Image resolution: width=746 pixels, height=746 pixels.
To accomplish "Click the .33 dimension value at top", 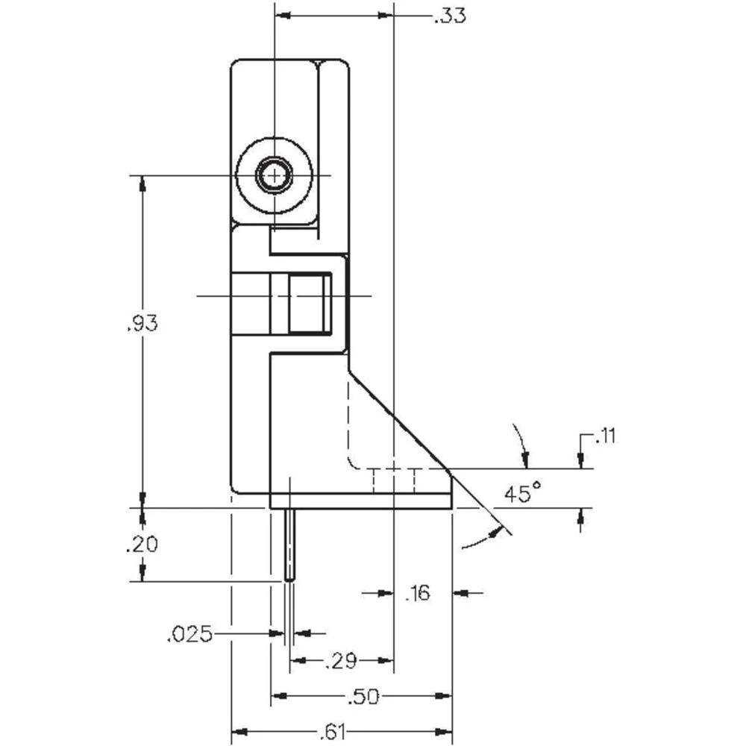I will [x=449, y=16].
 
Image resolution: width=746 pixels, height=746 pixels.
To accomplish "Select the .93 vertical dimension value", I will [x=142, y=324].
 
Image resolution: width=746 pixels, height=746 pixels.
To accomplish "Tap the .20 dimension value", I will [x=142, y=545].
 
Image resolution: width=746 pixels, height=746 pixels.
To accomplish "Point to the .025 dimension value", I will [x=189, y=634].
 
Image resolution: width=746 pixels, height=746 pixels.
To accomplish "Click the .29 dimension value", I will [x=342, y=660].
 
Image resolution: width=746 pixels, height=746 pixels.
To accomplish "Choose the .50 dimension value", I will [x=363, y=697].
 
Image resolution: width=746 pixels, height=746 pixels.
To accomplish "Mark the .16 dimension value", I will [x=417, y=594].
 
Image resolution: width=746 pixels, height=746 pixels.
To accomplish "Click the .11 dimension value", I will [x=605, y=436].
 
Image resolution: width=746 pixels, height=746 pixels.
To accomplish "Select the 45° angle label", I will [x=521, y=493].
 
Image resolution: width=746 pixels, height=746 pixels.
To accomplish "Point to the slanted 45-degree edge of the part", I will [x=399, y=421].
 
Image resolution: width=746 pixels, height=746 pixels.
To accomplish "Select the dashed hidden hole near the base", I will [x=393, y=481].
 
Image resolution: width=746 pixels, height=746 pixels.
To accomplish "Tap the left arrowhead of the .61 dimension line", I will [x=238, y=732].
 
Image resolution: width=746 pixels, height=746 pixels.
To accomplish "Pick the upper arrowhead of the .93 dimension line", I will [x=142, y=182].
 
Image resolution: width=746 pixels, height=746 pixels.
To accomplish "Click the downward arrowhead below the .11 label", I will [x=581, y=463].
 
